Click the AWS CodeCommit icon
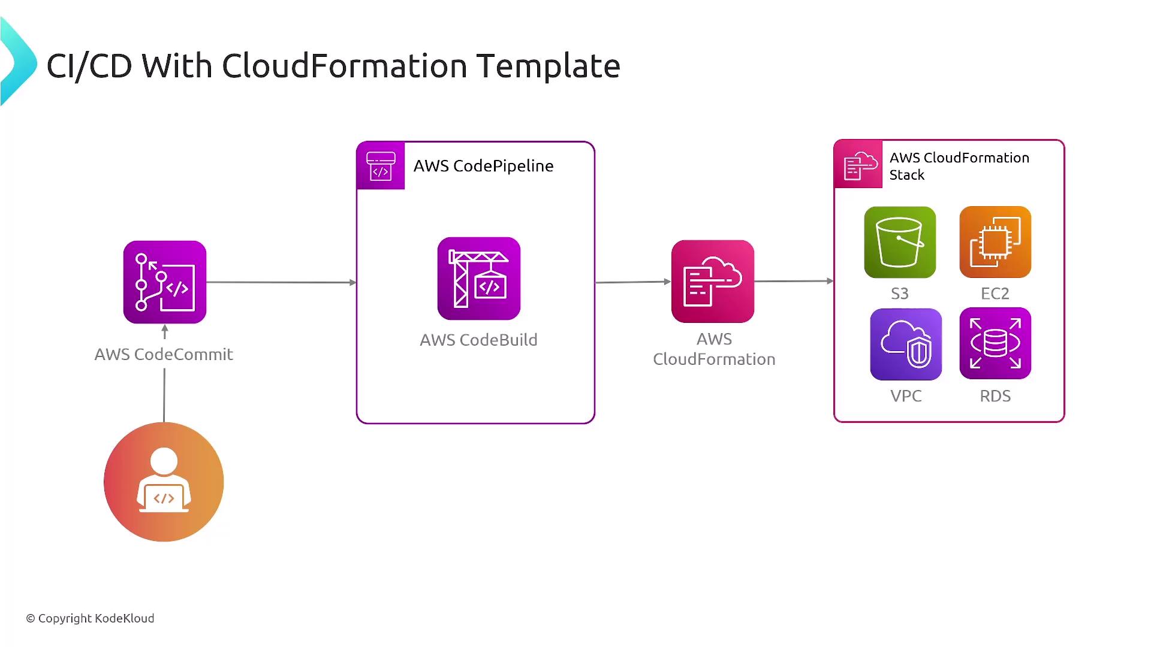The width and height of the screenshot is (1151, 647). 165,282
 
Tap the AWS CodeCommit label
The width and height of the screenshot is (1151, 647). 164,354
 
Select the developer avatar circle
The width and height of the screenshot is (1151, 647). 164,482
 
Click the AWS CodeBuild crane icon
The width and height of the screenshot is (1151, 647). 479,279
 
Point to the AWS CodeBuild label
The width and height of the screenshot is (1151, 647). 478,340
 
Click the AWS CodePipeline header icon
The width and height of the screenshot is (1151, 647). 381,166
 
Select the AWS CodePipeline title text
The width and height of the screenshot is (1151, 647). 483,166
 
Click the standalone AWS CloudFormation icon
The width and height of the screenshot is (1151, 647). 713,282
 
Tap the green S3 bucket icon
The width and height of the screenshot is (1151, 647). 900,242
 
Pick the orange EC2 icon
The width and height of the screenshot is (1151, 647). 995,242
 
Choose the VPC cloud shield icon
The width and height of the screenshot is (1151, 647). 906,344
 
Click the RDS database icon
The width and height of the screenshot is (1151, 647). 995,343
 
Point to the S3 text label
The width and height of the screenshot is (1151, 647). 900,294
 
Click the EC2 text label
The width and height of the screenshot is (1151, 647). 995,294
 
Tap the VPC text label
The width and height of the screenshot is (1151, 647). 906,396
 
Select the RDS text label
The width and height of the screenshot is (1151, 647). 995,396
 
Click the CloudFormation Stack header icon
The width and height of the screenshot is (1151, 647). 858,164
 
